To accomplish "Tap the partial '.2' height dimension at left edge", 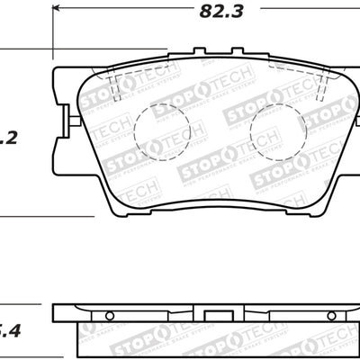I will click(8, 138).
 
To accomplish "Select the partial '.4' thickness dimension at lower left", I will click(9, 330).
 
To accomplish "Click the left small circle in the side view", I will click(108, 315).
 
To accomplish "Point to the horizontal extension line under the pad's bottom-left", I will click(45, 216).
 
